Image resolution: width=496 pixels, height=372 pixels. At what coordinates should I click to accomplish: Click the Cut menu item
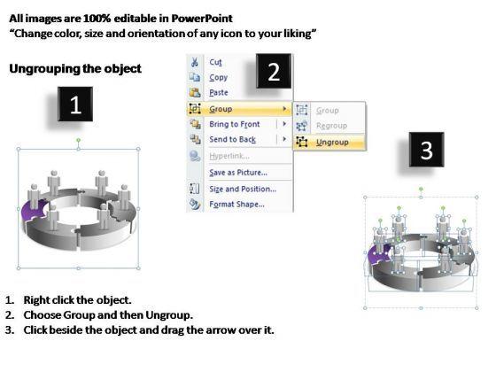click(215, 62)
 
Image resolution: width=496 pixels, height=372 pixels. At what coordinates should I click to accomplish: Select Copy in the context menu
click(218, 77)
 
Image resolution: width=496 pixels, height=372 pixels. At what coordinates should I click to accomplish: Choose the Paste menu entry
click(219, 92)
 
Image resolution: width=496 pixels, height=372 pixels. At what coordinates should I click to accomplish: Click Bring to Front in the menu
click(235, 124)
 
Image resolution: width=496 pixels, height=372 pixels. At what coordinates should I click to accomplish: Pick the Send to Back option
click(232, 139)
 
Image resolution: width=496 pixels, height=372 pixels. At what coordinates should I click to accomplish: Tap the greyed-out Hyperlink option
click(229, 156)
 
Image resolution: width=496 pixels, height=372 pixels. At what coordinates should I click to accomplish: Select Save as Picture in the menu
click(238, 173)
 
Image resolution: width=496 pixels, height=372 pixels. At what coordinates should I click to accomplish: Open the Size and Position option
click(243, 189)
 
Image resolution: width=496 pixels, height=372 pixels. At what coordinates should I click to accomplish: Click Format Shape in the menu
click(237, 204)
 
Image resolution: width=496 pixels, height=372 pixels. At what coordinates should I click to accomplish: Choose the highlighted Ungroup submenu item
click(332, 143)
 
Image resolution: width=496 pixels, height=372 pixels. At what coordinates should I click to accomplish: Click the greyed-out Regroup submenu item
click(332, 126)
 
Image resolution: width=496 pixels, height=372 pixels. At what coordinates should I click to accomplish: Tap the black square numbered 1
click(75, 105)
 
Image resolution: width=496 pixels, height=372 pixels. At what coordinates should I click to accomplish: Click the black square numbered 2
click(274, 71)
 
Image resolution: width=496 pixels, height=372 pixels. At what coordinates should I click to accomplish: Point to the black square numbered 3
click(426, 150)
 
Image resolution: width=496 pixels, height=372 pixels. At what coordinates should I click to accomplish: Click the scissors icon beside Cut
click(195, 62)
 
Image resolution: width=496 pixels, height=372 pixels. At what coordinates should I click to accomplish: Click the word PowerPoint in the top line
click(202, 19)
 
